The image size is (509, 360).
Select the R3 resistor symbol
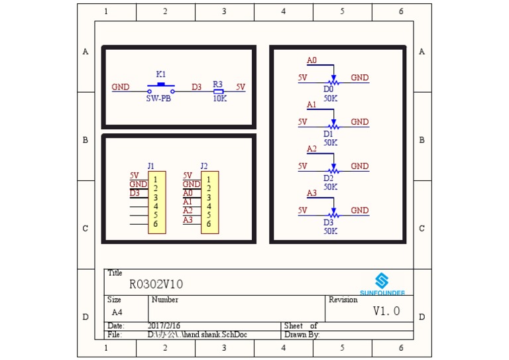[218, 91]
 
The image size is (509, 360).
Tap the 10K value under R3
[220, 99]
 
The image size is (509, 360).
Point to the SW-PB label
[158, 99]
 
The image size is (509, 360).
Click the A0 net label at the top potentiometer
[311, 60]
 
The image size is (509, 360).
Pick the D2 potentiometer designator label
[328, 178]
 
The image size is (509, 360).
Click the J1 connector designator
[150, 166]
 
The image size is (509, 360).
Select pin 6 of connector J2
[208, 224]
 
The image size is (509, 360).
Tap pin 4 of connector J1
[156, 206]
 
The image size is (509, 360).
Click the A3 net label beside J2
[188, 220]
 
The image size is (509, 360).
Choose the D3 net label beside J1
[135, 193]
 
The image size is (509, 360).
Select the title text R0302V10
[156, 284]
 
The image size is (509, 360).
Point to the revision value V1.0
[386, 311]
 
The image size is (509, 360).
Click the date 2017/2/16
[164, 326]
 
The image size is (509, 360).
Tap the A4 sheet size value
[117, 312]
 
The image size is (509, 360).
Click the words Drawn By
[302, 335]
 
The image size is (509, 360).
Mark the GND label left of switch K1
[121, 87]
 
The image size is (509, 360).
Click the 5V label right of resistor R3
[241, 87]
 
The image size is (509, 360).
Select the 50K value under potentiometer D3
[331, 231]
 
